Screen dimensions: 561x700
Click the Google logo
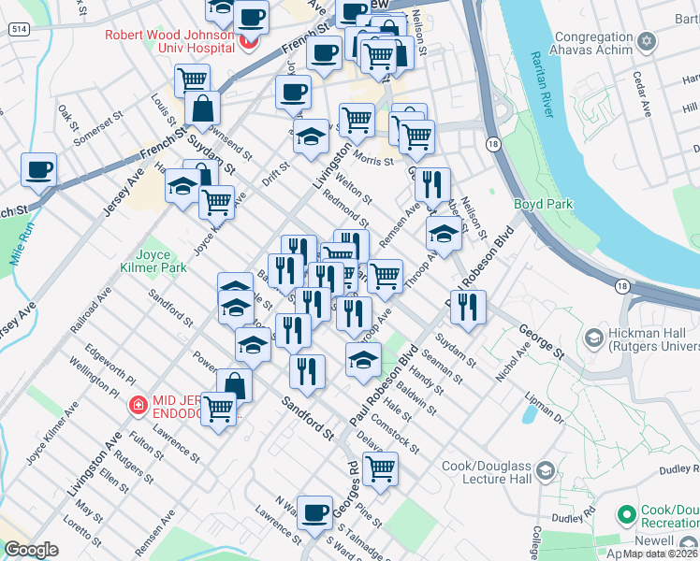click(31, 550)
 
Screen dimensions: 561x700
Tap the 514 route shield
click(18, 30)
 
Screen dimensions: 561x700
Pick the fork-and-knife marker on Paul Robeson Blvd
click(467, 306)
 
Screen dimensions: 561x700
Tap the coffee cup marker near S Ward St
click(315, 511)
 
